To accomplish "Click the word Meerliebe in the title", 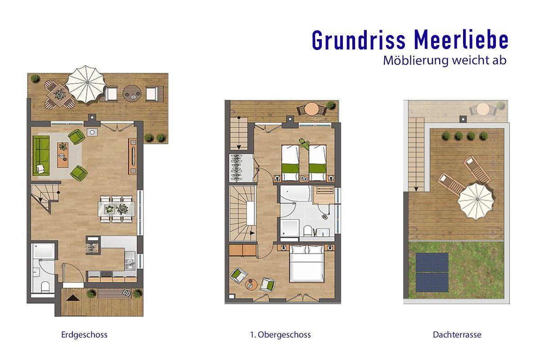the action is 461,40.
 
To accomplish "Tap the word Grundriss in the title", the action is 359,40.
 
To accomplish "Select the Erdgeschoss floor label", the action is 85,335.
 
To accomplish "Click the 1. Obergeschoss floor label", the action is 280,335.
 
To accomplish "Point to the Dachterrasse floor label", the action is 457,335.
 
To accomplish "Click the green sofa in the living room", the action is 41,155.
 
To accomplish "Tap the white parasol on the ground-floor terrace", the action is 86,84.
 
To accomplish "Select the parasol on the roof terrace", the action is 476,201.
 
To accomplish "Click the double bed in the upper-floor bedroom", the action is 306,263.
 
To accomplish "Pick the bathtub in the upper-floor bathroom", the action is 296,193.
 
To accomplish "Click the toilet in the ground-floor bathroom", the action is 45,287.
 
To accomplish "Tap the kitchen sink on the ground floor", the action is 130,261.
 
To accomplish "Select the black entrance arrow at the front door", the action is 73,298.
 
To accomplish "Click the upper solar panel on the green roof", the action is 432,262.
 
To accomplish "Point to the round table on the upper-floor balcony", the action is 311,109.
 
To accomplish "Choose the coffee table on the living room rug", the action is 63,155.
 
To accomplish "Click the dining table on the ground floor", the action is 117,209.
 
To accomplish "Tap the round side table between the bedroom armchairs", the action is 251,284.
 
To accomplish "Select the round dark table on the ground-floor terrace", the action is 132,93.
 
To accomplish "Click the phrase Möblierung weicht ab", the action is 445,60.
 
